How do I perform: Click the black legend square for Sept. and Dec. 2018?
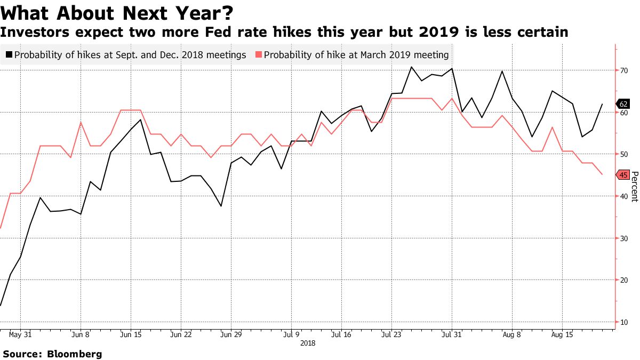[x=9, y=54]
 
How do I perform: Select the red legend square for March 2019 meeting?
[x=259, y=54]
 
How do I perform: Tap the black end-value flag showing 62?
[x=622, y=104]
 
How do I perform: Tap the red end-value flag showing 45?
[x=622, y=174]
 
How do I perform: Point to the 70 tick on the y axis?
[x=622, y=70]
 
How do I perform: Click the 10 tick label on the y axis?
[x=622, y=322]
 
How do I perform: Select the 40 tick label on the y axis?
[x=622, y=196]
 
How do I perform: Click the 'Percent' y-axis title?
[x=634, y=186]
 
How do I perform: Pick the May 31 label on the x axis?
[x=20, y=335]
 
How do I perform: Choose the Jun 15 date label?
[x=131, y=335]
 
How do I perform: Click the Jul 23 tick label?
[x=391, y=335]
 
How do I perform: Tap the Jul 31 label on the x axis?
[x=452, y=335]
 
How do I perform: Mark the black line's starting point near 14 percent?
[x=1, y=306]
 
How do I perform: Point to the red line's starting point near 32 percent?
[x=1, y=228]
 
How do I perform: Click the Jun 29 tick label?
[x=231, y=335]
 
